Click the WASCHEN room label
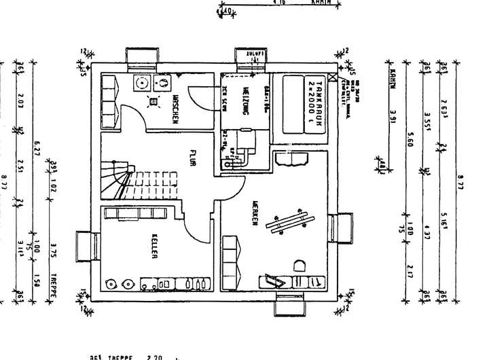[175, 107]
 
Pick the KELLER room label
[156, 247]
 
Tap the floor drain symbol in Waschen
[153, 102]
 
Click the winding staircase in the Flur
[129, 178]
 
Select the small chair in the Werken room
[297, 265]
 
